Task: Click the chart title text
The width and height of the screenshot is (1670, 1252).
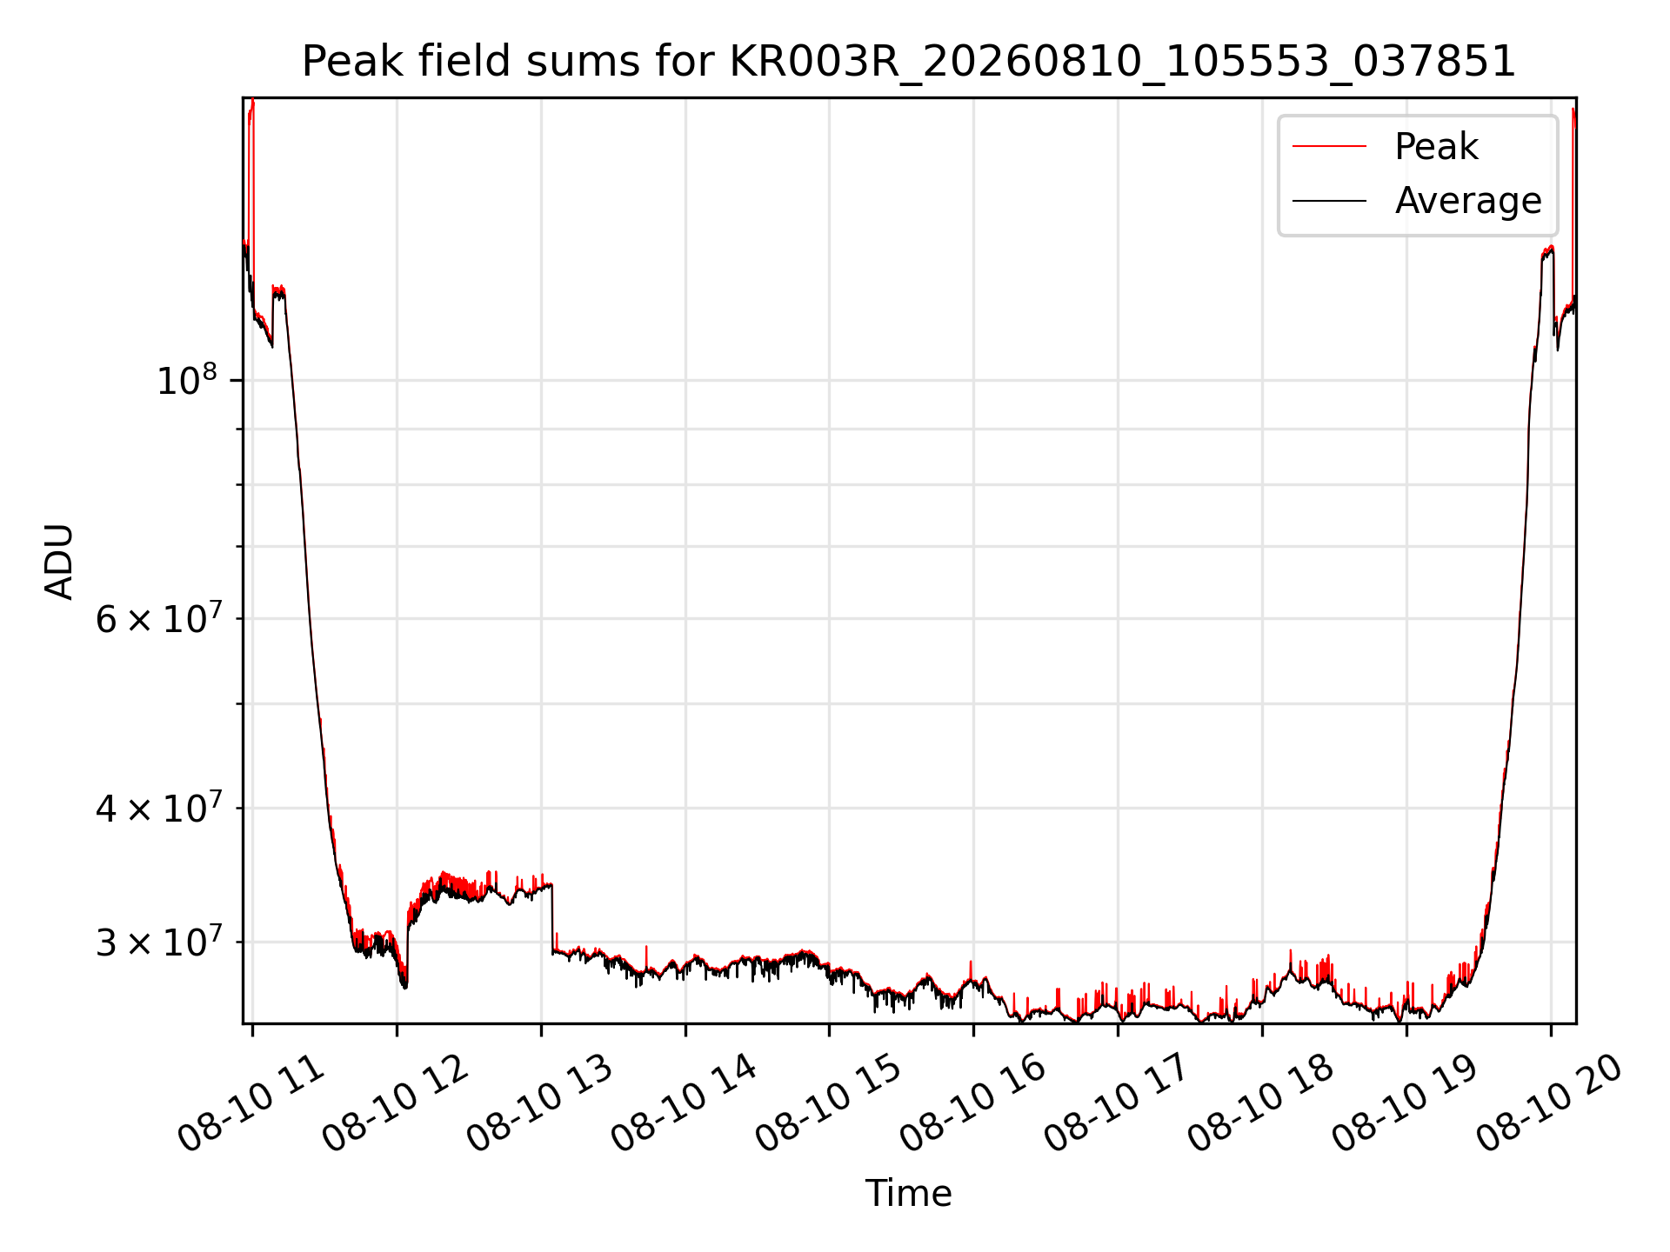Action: tap(909, 62)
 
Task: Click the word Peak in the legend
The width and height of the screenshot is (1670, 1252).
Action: tap(1436, 147)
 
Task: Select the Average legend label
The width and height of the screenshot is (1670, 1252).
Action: tap(1468, 201)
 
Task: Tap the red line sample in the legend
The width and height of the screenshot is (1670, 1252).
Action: tap(1329, 147)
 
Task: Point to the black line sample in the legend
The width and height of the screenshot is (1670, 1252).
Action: tap(1329, 201)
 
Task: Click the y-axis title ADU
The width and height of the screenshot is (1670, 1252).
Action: tap(60, 562)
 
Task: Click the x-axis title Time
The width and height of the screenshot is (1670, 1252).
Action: tap(908, 1194)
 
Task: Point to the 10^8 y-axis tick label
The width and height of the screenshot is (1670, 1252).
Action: tap(186, 381)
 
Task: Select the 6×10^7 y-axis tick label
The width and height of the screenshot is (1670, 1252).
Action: tap(157, 619)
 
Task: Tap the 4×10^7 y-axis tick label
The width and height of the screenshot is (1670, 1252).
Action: tap(157, 809)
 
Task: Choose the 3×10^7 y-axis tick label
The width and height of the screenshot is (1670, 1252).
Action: tap(157, 942)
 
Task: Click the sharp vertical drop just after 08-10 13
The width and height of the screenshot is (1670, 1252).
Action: tap(552, 919)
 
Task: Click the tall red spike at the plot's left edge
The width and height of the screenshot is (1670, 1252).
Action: tap(251, 174)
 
